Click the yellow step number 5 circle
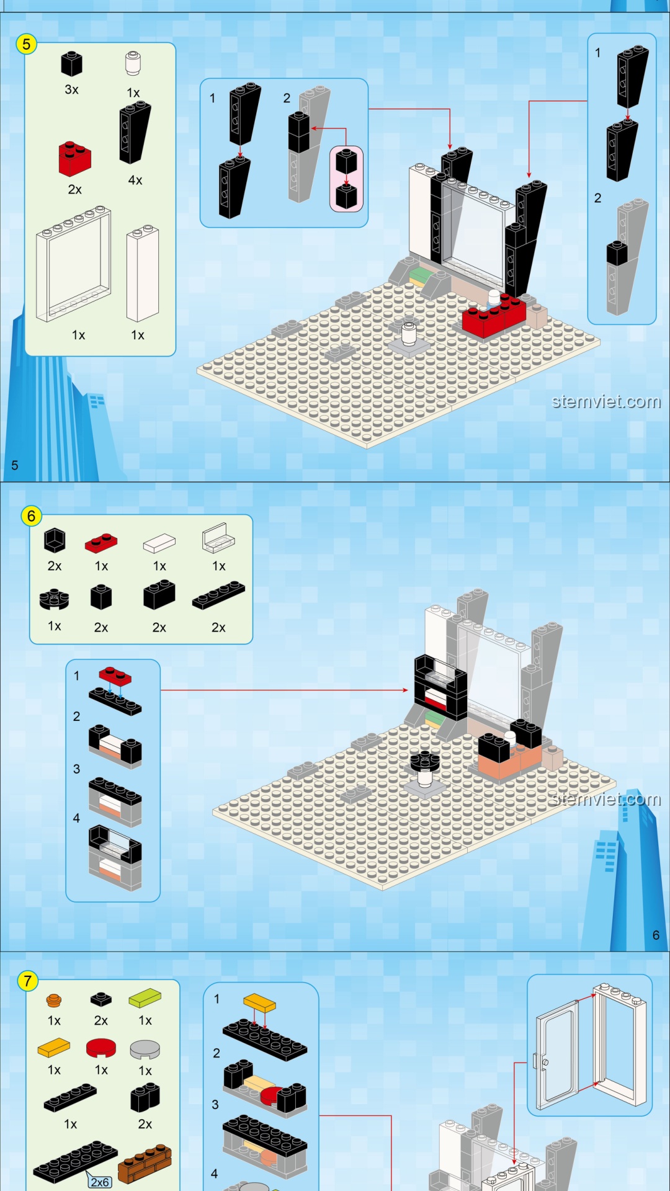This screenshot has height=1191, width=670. [x=26, y=44]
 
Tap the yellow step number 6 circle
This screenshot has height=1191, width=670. [x=31, y=516]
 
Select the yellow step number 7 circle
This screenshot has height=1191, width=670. [x=27, y=981]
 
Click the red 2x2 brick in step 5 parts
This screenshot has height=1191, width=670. [x=74, y=158]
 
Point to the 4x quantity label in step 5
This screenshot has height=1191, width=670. [x=135, y=181]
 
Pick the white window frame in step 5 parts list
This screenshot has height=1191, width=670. [x=74, y=264]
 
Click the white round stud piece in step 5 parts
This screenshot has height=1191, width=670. [x=133, y=63]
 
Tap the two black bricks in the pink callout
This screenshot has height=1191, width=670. [x=346, y=179]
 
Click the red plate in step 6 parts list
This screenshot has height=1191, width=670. [x=101, y=543]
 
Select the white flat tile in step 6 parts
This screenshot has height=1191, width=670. [x=159, y=543]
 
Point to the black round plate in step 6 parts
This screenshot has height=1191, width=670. [x=54, y=599]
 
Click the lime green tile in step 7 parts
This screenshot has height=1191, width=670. [x=145, y=998]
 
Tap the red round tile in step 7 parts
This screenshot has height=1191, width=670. [x=101, y=1048]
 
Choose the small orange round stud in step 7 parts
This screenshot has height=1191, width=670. [x=54, y=1000]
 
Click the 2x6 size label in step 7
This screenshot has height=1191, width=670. [x=99, y=1182]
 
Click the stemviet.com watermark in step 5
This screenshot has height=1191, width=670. [x=606, y=402]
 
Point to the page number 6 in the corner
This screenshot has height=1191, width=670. [x=656, y=935]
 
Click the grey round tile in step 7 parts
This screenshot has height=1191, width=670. [x=145, y=1050]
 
